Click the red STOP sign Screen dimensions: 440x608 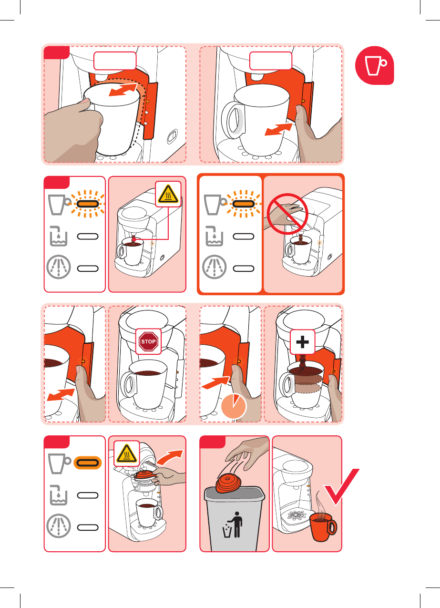click(x=148, y=341)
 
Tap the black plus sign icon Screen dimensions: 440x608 click(x=302, y=342)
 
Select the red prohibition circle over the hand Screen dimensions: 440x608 click(x=287, y=214)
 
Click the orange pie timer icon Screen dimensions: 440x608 click(x=234, y=406)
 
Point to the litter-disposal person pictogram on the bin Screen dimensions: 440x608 click(x=233, y=525)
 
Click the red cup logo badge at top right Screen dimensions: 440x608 click(x=374, y=65)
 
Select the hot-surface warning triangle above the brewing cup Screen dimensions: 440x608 click(x=168, y=194)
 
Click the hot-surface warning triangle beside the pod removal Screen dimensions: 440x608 click(x=127, y=453)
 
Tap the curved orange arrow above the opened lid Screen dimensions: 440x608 click(x=170, y=457)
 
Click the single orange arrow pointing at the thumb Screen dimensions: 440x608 click(x=215, y=382)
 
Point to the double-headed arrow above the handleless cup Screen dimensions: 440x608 click(x=123, y=90)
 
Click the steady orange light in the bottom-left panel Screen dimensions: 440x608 click(x=88, y=463)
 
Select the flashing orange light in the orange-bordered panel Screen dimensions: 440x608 click(x=243, y=204)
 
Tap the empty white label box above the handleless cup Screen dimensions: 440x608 click(x=115, y=61)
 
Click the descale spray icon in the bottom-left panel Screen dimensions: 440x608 click(x=59, y=526)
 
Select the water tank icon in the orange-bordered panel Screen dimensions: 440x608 click(x=215, y=236)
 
